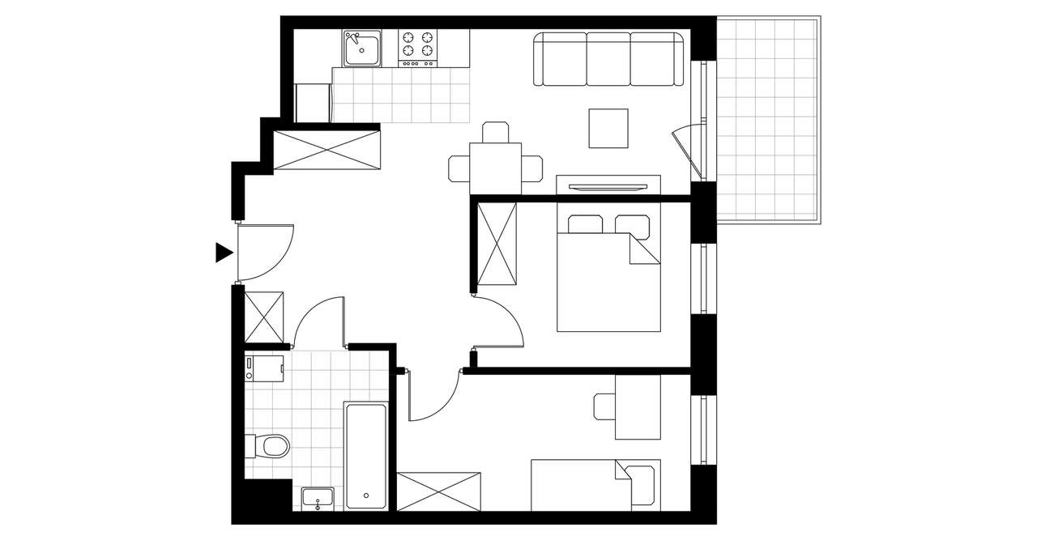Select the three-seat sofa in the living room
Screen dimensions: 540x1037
tap(608, 60)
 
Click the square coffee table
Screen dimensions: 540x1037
tap(608, 128)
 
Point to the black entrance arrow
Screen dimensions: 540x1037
tap(223, 253)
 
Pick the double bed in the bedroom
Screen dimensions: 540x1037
tap(608, 275)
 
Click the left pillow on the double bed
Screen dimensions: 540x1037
tap(585, 224)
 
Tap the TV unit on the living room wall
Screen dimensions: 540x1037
tap(608, 185)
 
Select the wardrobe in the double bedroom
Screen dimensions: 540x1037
tap(497, 244)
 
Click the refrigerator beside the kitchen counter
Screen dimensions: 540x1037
tap(313, 101)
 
